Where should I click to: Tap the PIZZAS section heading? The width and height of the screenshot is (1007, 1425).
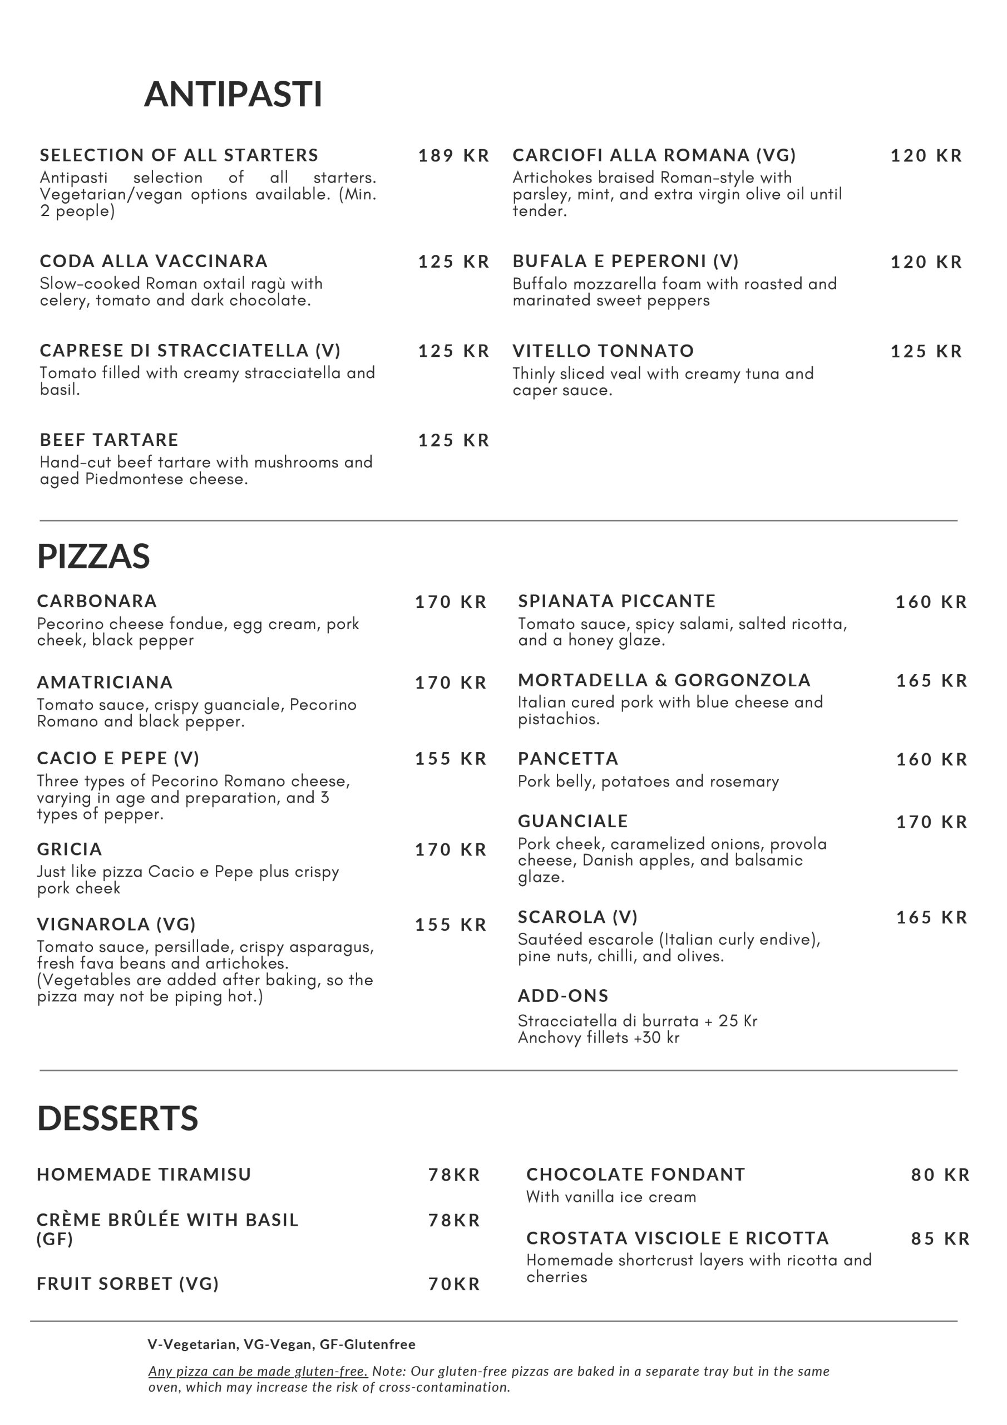93,556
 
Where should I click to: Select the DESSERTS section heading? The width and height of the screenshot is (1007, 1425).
118,1118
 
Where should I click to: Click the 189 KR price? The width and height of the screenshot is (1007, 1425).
453,156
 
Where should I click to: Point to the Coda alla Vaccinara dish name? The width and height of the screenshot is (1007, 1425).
154,261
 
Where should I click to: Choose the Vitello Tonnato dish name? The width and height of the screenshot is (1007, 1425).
603,351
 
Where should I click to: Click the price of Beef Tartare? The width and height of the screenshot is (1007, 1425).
453,441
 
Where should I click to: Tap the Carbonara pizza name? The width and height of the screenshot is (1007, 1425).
97,601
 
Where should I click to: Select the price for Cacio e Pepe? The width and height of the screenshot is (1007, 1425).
451,759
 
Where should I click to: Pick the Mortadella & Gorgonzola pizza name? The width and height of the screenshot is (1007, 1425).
664,681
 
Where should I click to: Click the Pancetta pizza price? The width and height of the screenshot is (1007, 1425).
931,760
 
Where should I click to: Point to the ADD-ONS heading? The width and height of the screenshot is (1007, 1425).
563,996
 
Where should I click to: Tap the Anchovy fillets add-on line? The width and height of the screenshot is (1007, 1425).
599,1038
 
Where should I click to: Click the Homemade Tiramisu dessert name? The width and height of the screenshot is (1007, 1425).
144,1175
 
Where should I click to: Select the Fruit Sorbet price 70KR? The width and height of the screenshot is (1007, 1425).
454,1284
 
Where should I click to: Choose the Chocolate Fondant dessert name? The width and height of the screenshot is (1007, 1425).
635,1175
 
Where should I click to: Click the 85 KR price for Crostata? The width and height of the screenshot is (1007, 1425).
940,1239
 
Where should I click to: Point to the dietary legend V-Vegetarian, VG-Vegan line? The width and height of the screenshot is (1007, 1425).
282,1344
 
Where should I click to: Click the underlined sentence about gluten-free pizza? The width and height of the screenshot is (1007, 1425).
258,1371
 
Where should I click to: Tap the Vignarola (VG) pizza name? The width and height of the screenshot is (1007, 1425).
116,925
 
